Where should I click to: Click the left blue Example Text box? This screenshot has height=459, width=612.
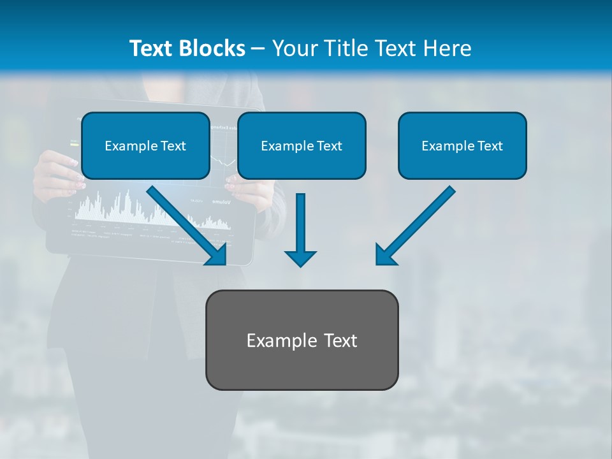pos(145,145)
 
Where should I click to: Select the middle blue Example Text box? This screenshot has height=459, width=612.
pos(302,145)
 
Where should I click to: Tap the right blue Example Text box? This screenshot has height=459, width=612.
pos(462,145)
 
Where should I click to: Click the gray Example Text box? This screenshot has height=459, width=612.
pos(302,340)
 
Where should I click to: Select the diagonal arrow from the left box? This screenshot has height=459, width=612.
pos(185,223)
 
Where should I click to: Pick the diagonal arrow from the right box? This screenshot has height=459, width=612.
pos(418,223)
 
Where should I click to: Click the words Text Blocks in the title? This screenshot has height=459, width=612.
pos(187,48)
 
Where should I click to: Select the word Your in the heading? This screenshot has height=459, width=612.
pos(295,48)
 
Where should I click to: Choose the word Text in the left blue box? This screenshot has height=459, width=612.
pos(173,146)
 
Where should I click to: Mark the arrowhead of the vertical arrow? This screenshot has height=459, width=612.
pos(300,258)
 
